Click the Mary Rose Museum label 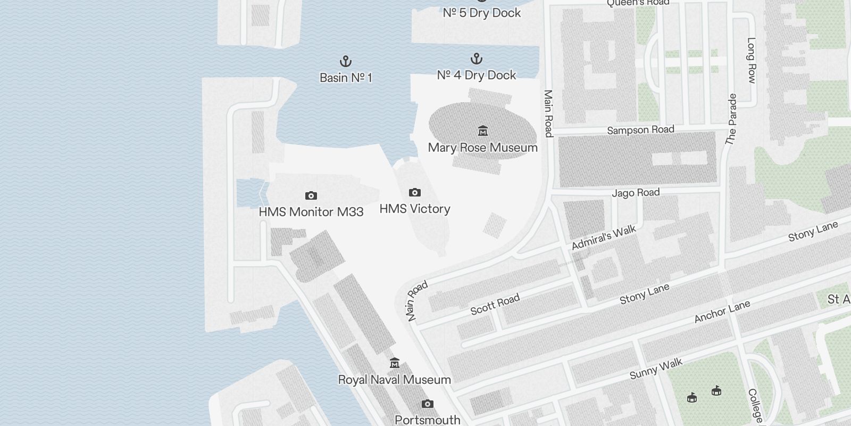pyautogui.click(x=482, y=148)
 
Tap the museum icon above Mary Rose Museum pyautogui.click(x=482, y=130)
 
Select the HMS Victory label pyautogui.click(x=415, y=209)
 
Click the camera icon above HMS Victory pyautogui.click(x=415, y=192)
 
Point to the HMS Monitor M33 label pyautogui.click(x=311, y=212)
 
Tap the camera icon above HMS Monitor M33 pyautogui.click(x=311, y=195)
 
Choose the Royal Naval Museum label pyautogui.click(x=395, y=380)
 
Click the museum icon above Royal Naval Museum pyautogui.click(x=395, y=363)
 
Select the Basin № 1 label pyautogui.click(x=346, y=78)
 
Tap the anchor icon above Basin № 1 pyautogui.click(x=346, y=61)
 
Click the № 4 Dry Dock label pyautogui.click(x=477, y=75)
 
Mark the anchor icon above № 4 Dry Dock pyautogui.click(x=477, y=59)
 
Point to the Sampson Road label pyautogui.click(x=640, y=130)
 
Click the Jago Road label pyautogui.click(x=636, y=192)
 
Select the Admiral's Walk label pyautogui.click(x=604, y=238)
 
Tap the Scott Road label pyautogui.click(x=495, y=305)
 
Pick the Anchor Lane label pyautogui.click(x=722, y=312)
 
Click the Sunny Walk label pyautogui.click(x=656, y=369)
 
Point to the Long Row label pyautogui.click(x=751, y=60)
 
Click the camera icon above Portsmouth pyautogui.click(x=427, y=404)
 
